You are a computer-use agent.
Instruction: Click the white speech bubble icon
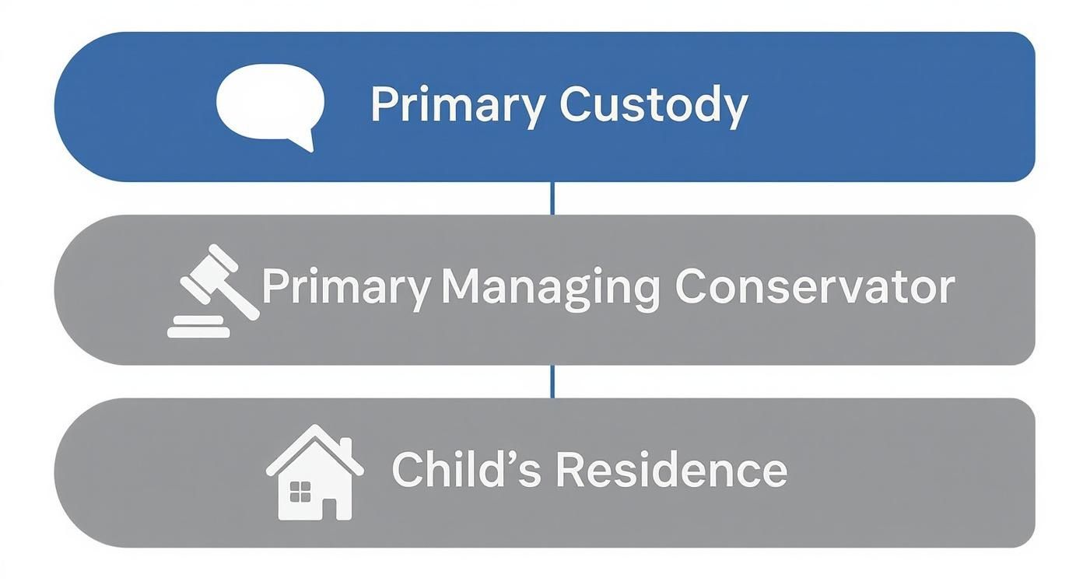(269, 103)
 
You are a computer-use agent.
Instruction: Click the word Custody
(653, 105)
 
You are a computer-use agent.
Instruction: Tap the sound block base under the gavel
(199, 327)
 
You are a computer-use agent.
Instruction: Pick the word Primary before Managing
(345, 288)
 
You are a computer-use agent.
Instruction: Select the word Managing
(549, 288)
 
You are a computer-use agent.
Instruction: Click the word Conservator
(814, 288)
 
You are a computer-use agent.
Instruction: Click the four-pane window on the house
(300, 492)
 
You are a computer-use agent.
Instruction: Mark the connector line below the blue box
(552, 198)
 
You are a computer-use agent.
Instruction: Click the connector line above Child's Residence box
(552, 381)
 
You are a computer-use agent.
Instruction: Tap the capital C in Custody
(576, 104)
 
